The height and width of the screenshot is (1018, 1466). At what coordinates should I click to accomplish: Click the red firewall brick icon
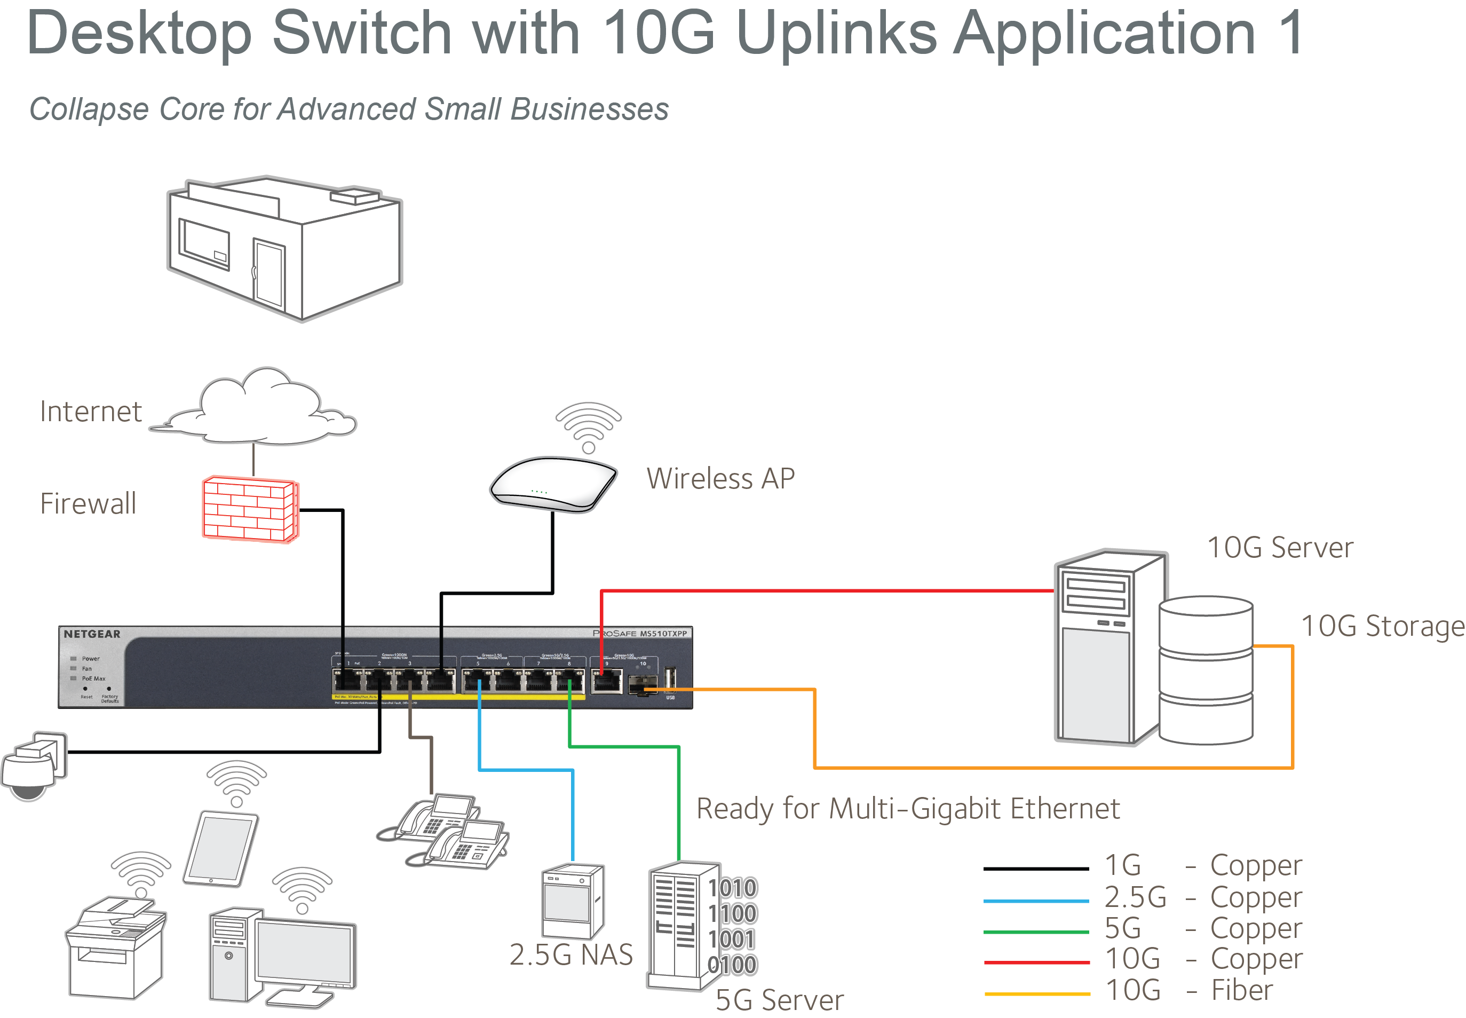(x=249, y=509)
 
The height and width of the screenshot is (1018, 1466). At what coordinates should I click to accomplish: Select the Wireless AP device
(x=553, y=483)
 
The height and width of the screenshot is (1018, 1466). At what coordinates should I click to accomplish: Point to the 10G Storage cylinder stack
(x=1205, y=670)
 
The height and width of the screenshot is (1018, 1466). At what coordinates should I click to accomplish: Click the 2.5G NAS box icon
(x=572, y=900)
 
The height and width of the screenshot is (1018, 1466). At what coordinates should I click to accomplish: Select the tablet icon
(x=220, y=849)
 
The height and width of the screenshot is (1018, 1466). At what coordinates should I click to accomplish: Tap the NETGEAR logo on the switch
(x=92, y=634)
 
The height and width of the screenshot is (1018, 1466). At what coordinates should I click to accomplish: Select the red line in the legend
(x=1036, y=962)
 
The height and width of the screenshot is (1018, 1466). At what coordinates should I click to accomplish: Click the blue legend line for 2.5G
(x=1036, y=901)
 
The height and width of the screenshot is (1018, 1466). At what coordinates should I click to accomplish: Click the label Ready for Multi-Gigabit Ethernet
(x=907, y=809)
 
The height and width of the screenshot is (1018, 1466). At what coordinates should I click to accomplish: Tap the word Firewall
(x=88, y=504)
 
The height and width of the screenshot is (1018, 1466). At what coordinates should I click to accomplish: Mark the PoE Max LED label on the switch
(x=94, y=678)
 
